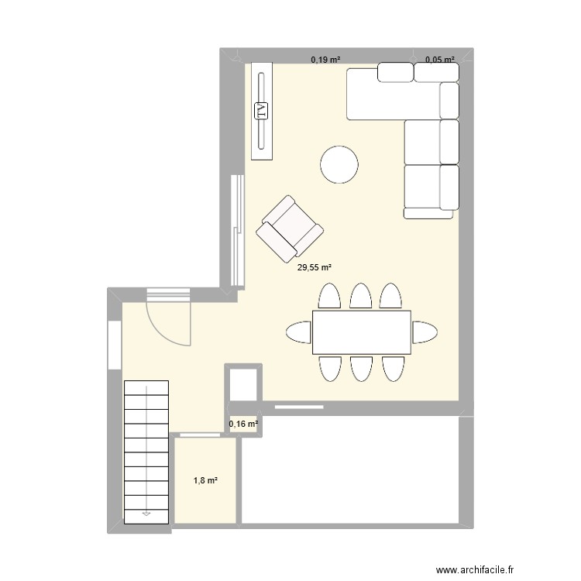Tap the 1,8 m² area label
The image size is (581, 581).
pyautogui.click(x=205, y=481)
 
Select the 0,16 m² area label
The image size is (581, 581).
pyautogui.click(x=243, y=424)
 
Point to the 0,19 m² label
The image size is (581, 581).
pyautogui.click(x=326, y=59)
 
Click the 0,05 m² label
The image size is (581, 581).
pyautogui.click(x=440, y=59)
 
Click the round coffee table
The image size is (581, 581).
pyautogui.click(x=339, y=165)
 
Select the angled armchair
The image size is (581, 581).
pyautogui.click(x=289, y=228)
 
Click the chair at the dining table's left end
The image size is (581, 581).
pyautogui.click(x=299, y=332)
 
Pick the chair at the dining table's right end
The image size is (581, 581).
pyautogui.click(x=424, y=332)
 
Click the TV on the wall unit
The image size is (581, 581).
pyautogui.click(x=262, y=111)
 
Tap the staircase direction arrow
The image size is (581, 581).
pyautogui.click(x=146, y=512)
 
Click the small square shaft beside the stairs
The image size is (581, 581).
pyautogui.click(x=244, y=384)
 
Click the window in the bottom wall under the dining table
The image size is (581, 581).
pyautogui.click(x=298, y=404)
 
